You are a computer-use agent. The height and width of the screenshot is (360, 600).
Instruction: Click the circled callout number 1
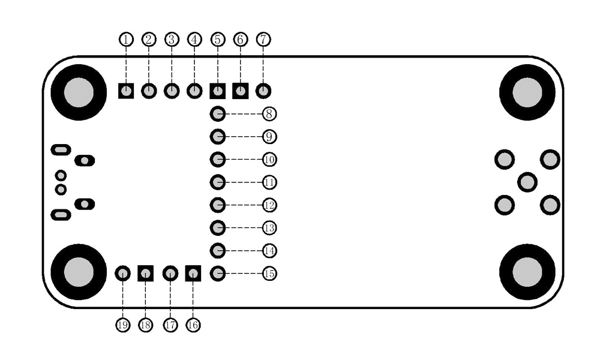click(126, 40)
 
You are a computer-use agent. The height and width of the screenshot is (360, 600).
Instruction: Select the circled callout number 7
click(263, 40)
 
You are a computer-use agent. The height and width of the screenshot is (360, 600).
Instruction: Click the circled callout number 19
click(123, 325)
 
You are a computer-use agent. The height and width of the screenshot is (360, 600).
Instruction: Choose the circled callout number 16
click(193, 325)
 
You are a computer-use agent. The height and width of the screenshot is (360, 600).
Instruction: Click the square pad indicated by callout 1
click(126, 91)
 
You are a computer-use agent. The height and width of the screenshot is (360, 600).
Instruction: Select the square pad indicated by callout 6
click(241, 91)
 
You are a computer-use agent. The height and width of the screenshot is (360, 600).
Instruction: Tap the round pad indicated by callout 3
click(172, 91)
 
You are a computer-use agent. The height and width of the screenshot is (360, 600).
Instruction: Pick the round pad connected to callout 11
click(218, 182)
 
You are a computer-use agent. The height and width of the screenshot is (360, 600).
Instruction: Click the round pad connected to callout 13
click(218, 228)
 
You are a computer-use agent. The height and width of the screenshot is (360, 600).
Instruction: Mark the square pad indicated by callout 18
click(146, 274)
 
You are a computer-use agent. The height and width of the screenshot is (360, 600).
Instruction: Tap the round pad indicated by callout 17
click(170, 274)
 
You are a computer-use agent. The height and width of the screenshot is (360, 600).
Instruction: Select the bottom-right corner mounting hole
click(527, 272)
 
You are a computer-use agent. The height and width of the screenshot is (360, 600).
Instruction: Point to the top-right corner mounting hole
click(527, 92)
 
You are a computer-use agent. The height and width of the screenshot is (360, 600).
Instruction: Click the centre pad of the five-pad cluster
click(527, 182)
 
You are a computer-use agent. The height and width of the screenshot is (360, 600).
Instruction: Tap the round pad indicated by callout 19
click(123, 274)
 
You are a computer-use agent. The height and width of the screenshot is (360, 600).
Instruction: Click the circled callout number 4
click(194, 40)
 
